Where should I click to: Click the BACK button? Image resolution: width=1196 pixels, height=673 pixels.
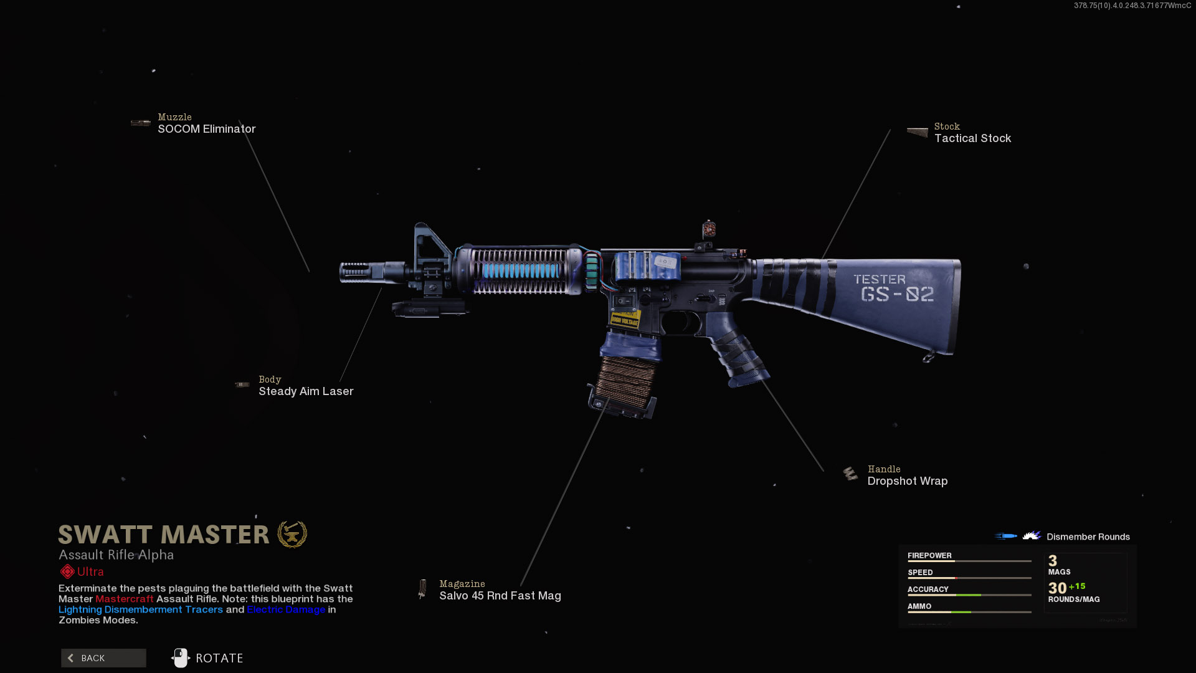tap(103, 658)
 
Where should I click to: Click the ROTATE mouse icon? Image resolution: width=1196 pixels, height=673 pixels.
tap(181, 658)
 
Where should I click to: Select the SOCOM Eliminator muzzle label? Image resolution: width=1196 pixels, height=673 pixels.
tap(206, 129)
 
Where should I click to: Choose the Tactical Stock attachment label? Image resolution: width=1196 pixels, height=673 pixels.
tap(972, 138)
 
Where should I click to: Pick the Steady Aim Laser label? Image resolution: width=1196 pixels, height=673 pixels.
tap(306, 391)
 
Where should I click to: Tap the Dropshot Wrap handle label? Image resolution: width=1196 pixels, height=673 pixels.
tap(907, 481)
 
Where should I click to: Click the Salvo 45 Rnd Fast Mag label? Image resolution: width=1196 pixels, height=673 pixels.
tap(500, 596)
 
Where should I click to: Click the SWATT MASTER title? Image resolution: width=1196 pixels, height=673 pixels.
tap(164, 535)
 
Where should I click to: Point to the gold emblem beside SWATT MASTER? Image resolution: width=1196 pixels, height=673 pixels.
tap(292, 535)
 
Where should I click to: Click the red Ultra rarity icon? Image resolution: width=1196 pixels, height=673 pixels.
tap(67, 571)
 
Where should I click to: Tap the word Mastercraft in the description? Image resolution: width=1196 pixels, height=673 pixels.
tap(124, 599)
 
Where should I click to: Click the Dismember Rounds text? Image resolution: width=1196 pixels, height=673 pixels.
tap(1088, 537)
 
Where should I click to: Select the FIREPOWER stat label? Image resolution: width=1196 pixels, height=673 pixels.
tap(929, 555)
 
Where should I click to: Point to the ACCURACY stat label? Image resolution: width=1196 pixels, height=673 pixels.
tap(928, 589)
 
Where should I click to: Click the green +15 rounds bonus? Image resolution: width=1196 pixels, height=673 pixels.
tap(1077, 586)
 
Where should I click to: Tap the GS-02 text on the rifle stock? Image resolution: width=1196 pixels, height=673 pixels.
tap(897, 294)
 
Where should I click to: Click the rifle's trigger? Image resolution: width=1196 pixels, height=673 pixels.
tap(686, 321)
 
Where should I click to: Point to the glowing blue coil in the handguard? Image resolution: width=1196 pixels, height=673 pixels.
tap(521, 270)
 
